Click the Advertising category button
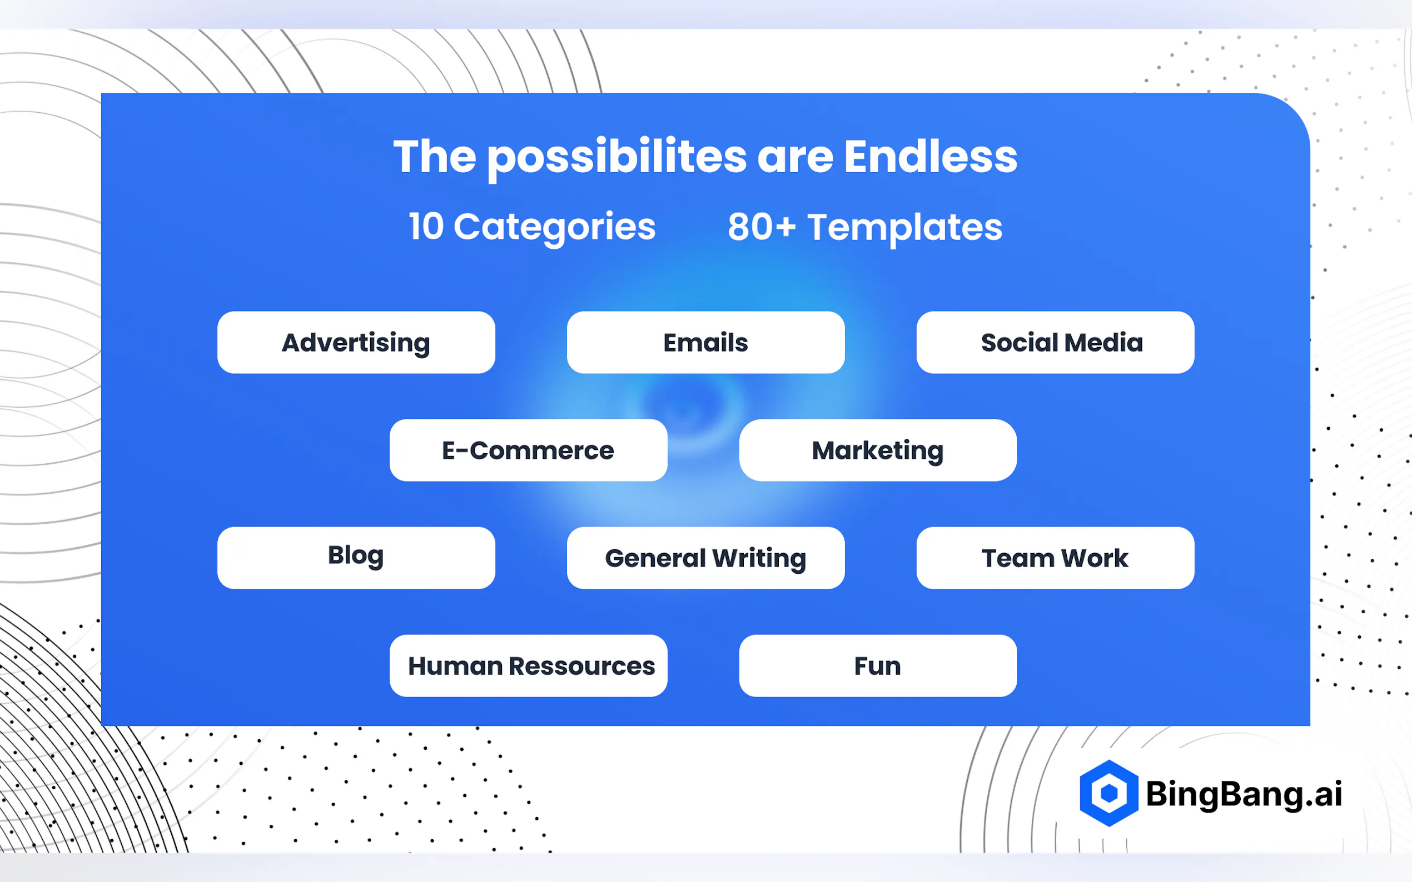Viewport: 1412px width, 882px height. (356, 343)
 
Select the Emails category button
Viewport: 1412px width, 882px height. (705, 343)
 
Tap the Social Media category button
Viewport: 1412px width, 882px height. (1055, 343)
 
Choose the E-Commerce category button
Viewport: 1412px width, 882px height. (528, 450)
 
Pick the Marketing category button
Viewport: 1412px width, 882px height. (878, 450)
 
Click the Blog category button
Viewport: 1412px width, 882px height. (356, 558)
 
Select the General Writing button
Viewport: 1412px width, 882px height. (705, 558)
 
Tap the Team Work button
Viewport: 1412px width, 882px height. (1055, 558)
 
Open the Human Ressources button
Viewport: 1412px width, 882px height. (528, 666)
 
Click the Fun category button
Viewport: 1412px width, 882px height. (878, 666)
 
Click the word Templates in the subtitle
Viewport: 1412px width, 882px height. (905, 228)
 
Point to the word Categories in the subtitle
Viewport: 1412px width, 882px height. (555, 228)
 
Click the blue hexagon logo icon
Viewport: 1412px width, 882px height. (1108, 793)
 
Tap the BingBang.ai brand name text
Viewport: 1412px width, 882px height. (1244, 794)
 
